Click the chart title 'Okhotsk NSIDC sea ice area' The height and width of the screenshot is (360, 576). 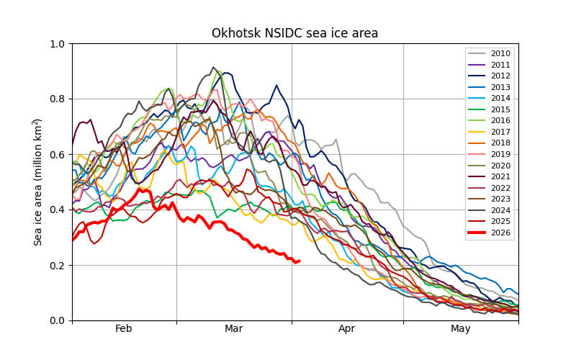(x=294, y=33)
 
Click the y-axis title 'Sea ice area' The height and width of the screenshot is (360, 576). (x=37, y=182)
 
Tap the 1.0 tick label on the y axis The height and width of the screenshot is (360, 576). (x=58, y=44)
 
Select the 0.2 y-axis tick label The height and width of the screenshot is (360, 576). (x=58, y=265)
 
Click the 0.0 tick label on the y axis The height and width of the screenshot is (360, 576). (x=58, y=320)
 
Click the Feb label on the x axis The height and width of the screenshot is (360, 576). (x=124, y=329)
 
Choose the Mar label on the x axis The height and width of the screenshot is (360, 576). (x=233, y=329)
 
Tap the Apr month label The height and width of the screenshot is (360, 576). (x=347, y=329)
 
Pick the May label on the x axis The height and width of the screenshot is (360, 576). (x=461, y=329)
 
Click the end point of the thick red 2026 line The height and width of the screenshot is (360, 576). (x=299, y=261)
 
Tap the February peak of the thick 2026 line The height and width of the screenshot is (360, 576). (x=140, y=189)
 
